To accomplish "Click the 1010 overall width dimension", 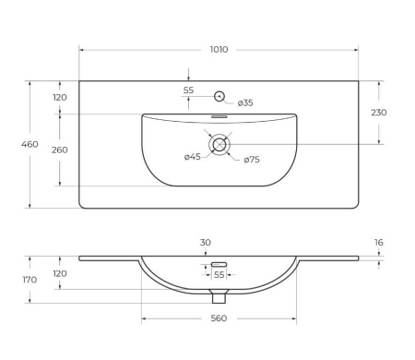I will pos(218,50).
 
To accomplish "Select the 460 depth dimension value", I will pos(30,144).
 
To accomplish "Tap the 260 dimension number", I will pos(60,150).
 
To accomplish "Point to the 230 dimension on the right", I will pos(378,113).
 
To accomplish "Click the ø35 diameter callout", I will pos(245,102).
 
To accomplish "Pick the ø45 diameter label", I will pos(192,157).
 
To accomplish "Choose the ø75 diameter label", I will pos(252,160).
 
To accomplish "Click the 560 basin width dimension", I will pos(218,318).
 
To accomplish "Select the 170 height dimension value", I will pos(30,280).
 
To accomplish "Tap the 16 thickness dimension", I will pos(378,243).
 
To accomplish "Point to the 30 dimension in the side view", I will pos(206,243).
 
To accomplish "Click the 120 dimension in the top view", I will pos(60,97).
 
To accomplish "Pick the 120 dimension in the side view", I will pos(60,274).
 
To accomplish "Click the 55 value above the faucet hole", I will pos(188,90).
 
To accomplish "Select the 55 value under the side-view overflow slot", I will pos(219,275).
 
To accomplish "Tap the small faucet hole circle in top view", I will pos(219,95).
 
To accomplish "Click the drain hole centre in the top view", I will pos(219,144).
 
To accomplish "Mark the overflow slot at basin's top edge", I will pos(219,117).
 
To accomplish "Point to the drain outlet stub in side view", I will pos(219,297).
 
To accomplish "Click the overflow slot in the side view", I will pos(219,265).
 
